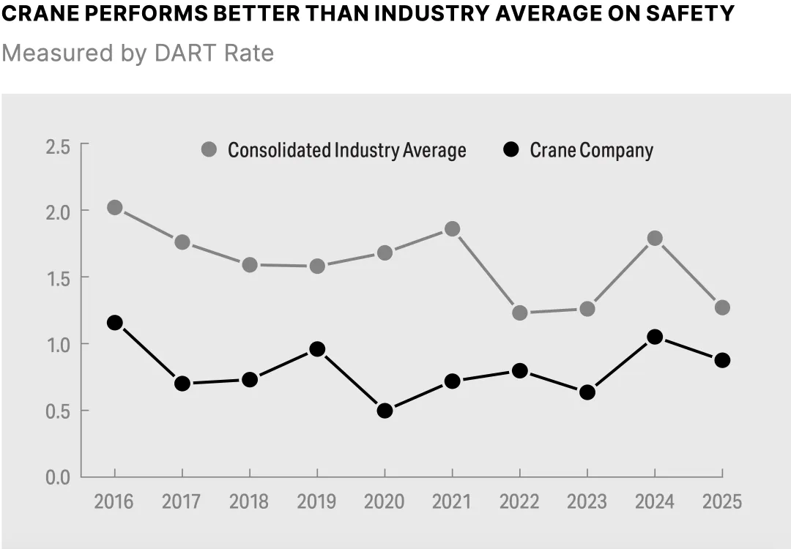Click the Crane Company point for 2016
coord(114,323)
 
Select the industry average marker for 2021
coord(452,229)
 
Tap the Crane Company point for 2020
coord(385,411)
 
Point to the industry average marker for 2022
coord(520,313)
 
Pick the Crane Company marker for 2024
coord(655,337)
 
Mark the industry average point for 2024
coord(655,238)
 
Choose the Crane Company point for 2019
coord(317,349)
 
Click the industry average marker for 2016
coord(114,208)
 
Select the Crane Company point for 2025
coord(722,360)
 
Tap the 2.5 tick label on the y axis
coord(57,147)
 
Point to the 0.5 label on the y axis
coord(57,411)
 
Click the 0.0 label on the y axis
coord(57,477)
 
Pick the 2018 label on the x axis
coord(249,502)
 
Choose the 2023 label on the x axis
coord(587,502)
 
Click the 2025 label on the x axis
coord(722,502)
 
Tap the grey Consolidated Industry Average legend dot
coord(209,150)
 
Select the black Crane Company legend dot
coord(511,150)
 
